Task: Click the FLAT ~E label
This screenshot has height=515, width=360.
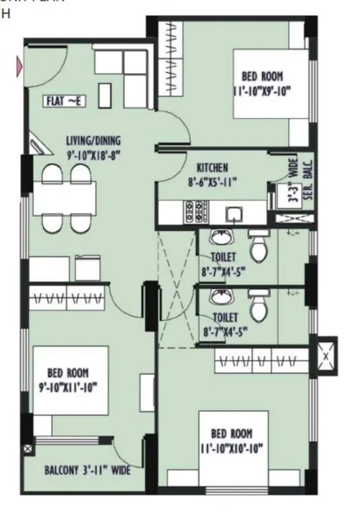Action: [65, 101]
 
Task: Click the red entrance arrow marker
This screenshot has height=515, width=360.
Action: [19, 68]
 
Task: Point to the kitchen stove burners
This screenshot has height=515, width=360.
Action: [196, 210]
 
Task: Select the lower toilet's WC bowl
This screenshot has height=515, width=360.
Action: [257, 306]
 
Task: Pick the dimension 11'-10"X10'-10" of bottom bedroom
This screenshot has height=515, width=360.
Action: [232, 447]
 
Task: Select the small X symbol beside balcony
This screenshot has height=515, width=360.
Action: [28, 448]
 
